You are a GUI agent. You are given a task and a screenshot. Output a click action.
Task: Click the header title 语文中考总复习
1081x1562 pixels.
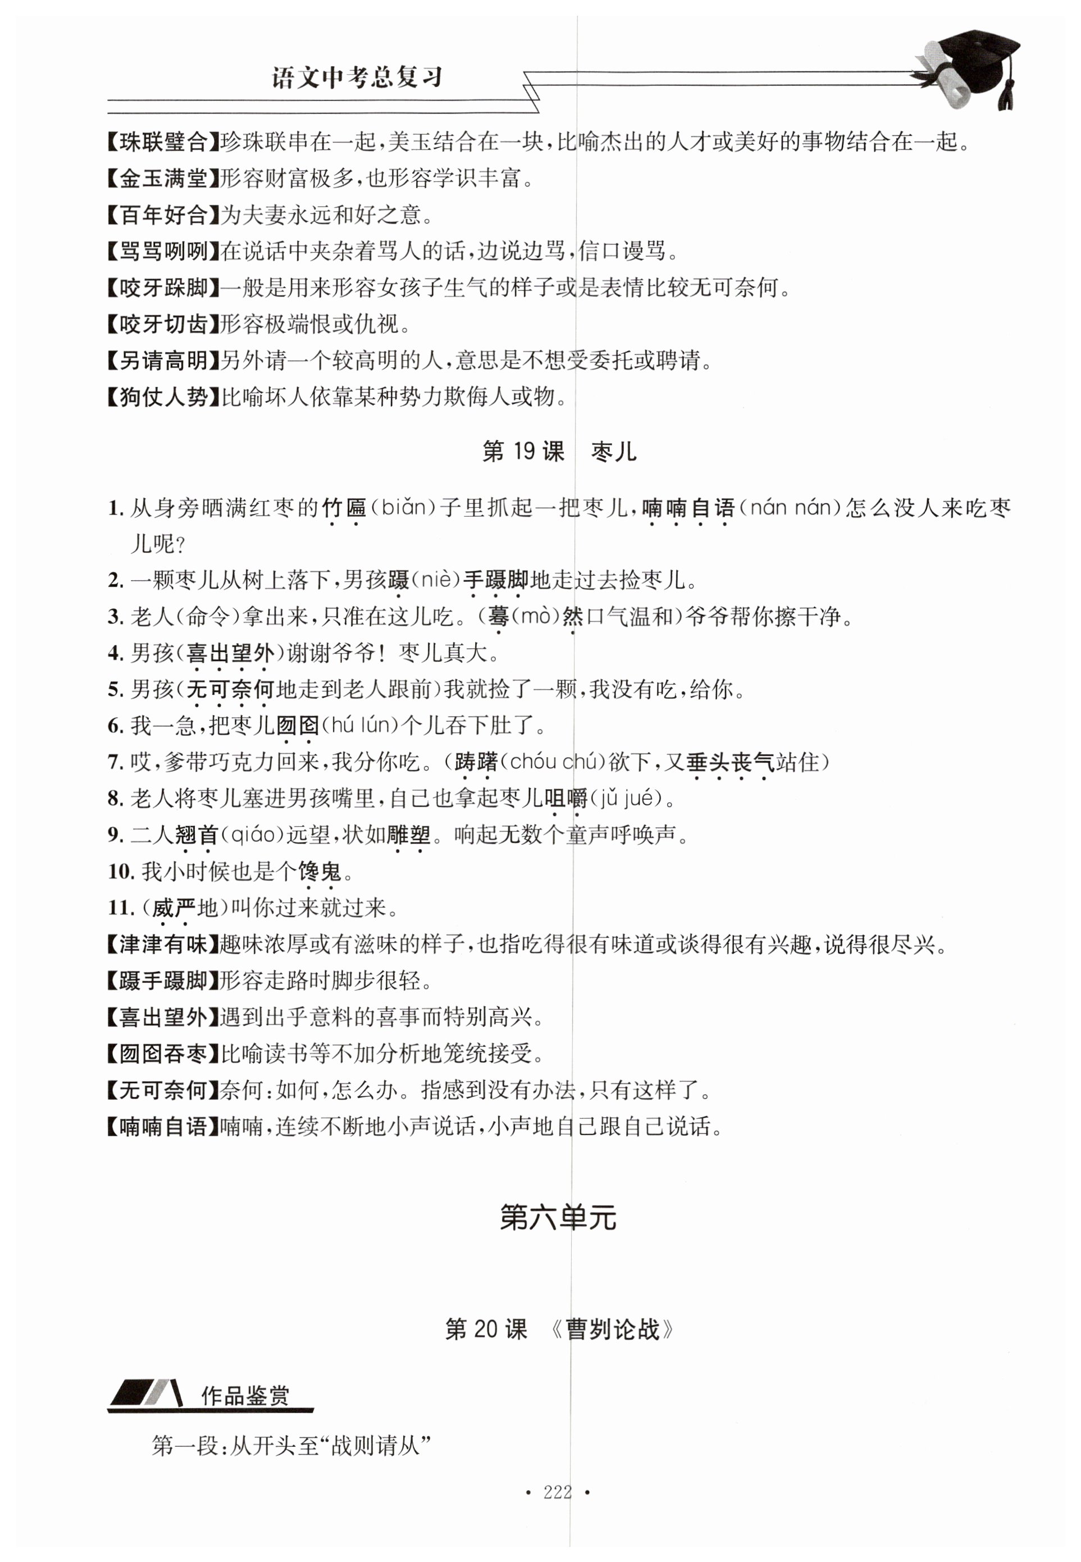tap(357, 77)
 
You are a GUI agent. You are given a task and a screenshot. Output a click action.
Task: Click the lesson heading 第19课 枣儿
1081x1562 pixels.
tap(559, 451)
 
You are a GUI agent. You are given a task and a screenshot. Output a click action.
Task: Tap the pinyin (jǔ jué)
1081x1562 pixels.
tap(624, 798)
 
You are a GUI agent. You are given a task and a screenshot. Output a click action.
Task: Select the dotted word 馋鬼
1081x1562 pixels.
tap(320, 871)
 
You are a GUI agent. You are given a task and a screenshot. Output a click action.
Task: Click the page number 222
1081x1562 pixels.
tap(558, 1492)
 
